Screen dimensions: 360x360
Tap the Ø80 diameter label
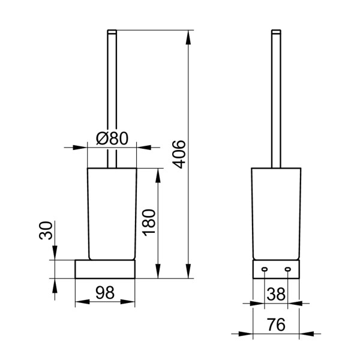click(x=112, y=139)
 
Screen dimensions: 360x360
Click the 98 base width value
click(x=105, y=293)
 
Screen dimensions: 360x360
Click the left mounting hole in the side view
click(x=265, y=268)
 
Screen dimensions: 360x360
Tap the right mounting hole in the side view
click(x=287, y=268)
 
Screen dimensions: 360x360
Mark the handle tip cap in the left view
click(x=111, y=31)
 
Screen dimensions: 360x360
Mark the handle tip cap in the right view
click(x=276, y=31)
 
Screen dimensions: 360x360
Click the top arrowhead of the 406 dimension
click(x=189, y=36)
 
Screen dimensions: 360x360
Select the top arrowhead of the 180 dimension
click(x=158, y=175)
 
